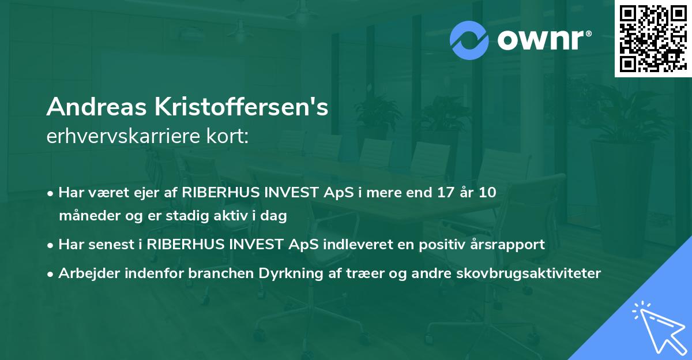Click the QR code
coord(653,39)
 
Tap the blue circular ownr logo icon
coord(469,40)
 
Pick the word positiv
coord(460,244)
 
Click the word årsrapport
coord(512,245)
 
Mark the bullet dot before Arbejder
coord(51,273)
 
